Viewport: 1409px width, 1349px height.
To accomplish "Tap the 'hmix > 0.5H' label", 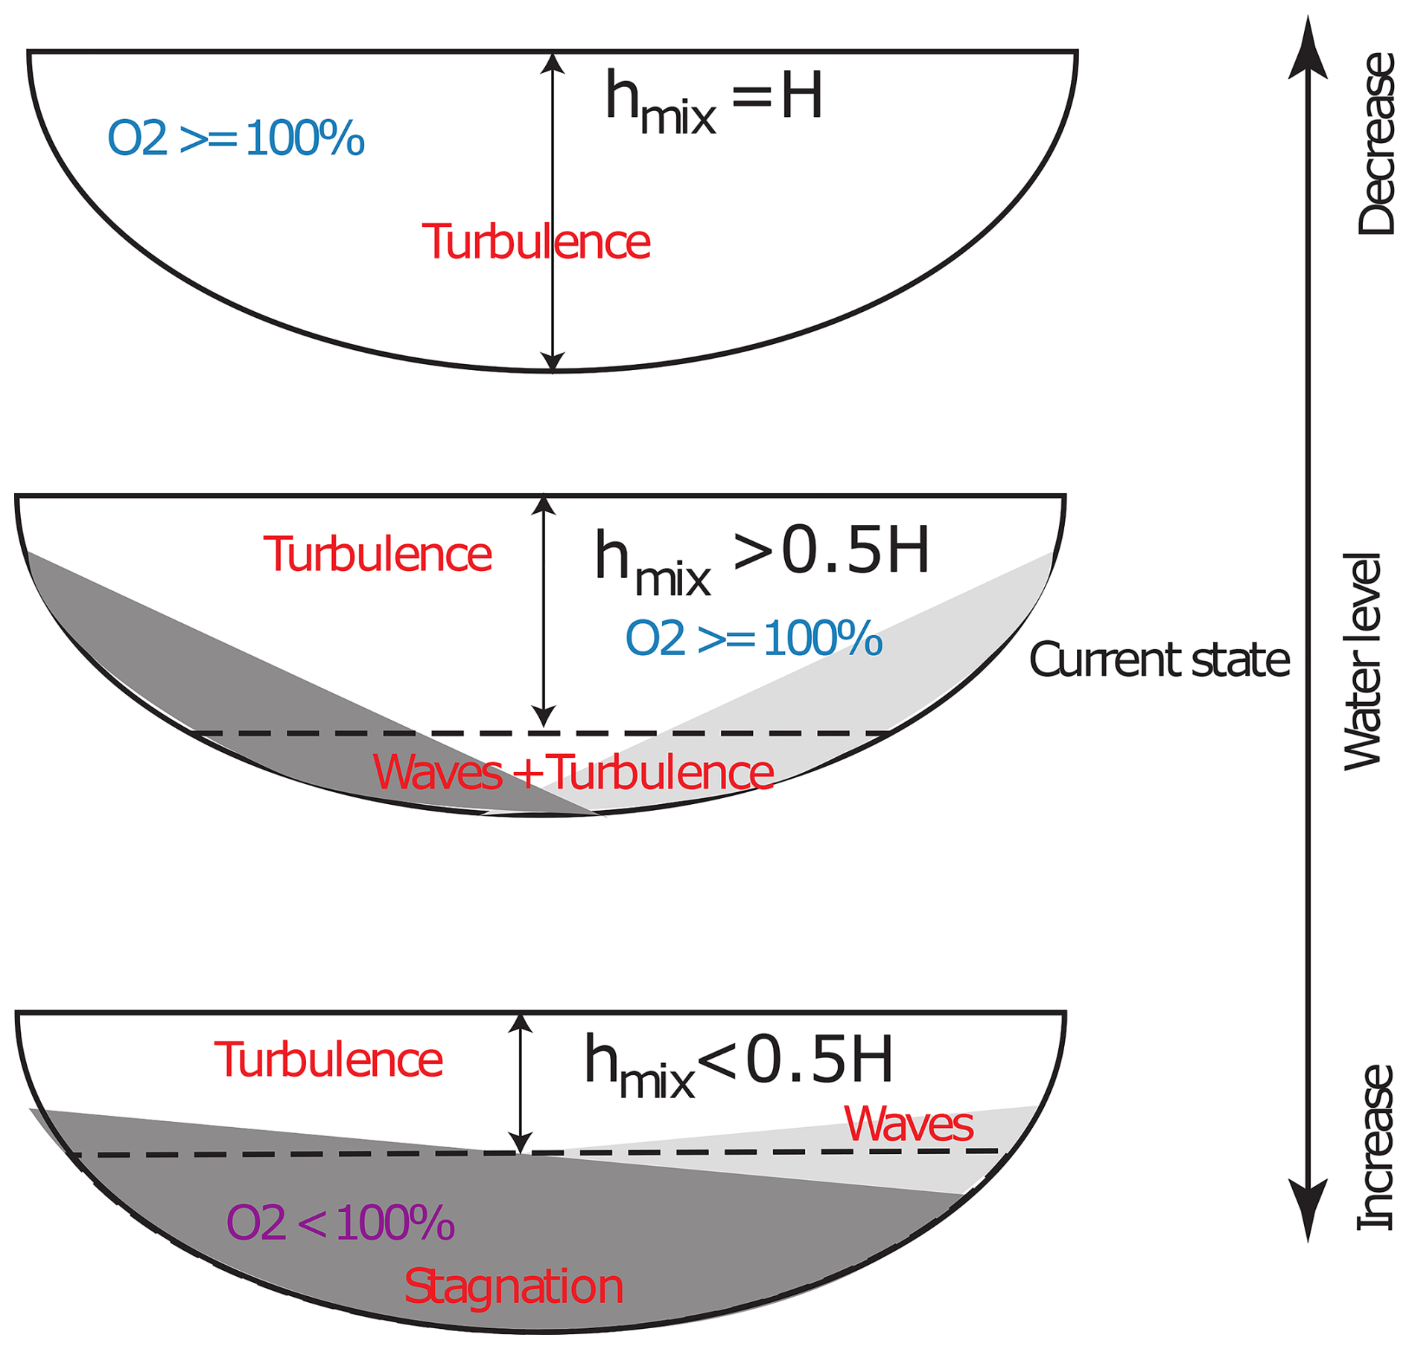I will (761, 558).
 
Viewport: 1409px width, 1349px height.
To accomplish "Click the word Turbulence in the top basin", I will (536, 242).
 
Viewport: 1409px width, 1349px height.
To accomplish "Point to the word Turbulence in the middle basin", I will (378, 555).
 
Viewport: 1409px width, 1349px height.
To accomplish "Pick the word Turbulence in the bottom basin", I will (328, 1060).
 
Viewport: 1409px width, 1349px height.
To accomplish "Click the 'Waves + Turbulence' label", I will (573, 773).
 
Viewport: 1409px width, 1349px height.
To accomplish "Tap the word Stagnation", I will (513, 1286).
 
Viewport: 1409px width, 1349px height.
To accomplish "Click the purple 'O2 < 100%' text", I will (340, 1222).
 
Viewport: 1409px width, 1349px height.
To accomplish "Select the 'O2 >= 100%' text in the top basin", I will (236, 138).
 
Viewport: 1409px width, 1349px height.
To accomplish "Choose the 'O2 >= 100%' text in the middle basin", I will (754, 639).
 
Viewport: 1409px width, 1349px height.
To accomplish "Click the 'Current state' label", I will (1159, 660).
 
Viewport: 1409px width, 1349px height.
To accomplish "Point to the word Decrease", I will (1375, 144).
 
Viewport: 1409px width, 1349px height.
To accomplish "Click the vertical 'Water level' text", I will (1361, 661).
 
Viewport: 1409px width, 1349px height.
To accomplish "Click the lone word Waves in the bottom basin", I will (909, 1124).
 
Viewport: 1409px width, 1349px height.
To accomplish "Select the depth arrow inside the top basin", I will (552, 212).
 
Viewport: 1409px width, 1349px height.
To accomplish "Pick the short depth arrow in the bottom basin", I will (520, 1083).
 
